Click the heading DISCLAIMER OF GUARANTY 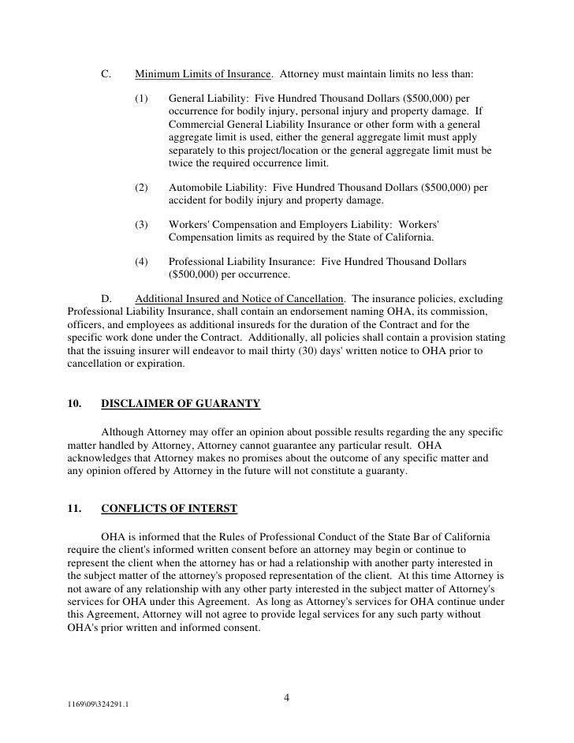pyautogui.click(x=181, y=404)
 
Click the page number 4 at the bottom pyautogui.click(x=286, y=697)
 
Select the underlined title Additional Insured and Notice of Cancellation pyautogui.click(x=240, y=299)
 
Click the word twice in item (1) pyautogui.click(x=181, y=163)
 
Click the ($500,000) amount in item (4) pyautogui.click(x=196, y=274)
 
